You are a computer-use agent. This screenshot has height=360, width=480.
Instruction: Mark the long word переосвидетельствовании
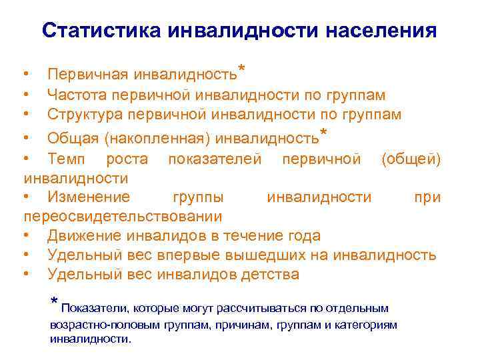tap(123, 217)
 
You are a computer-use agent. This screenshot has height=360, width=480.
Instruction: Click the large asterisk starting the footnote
tap(55, 303)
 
